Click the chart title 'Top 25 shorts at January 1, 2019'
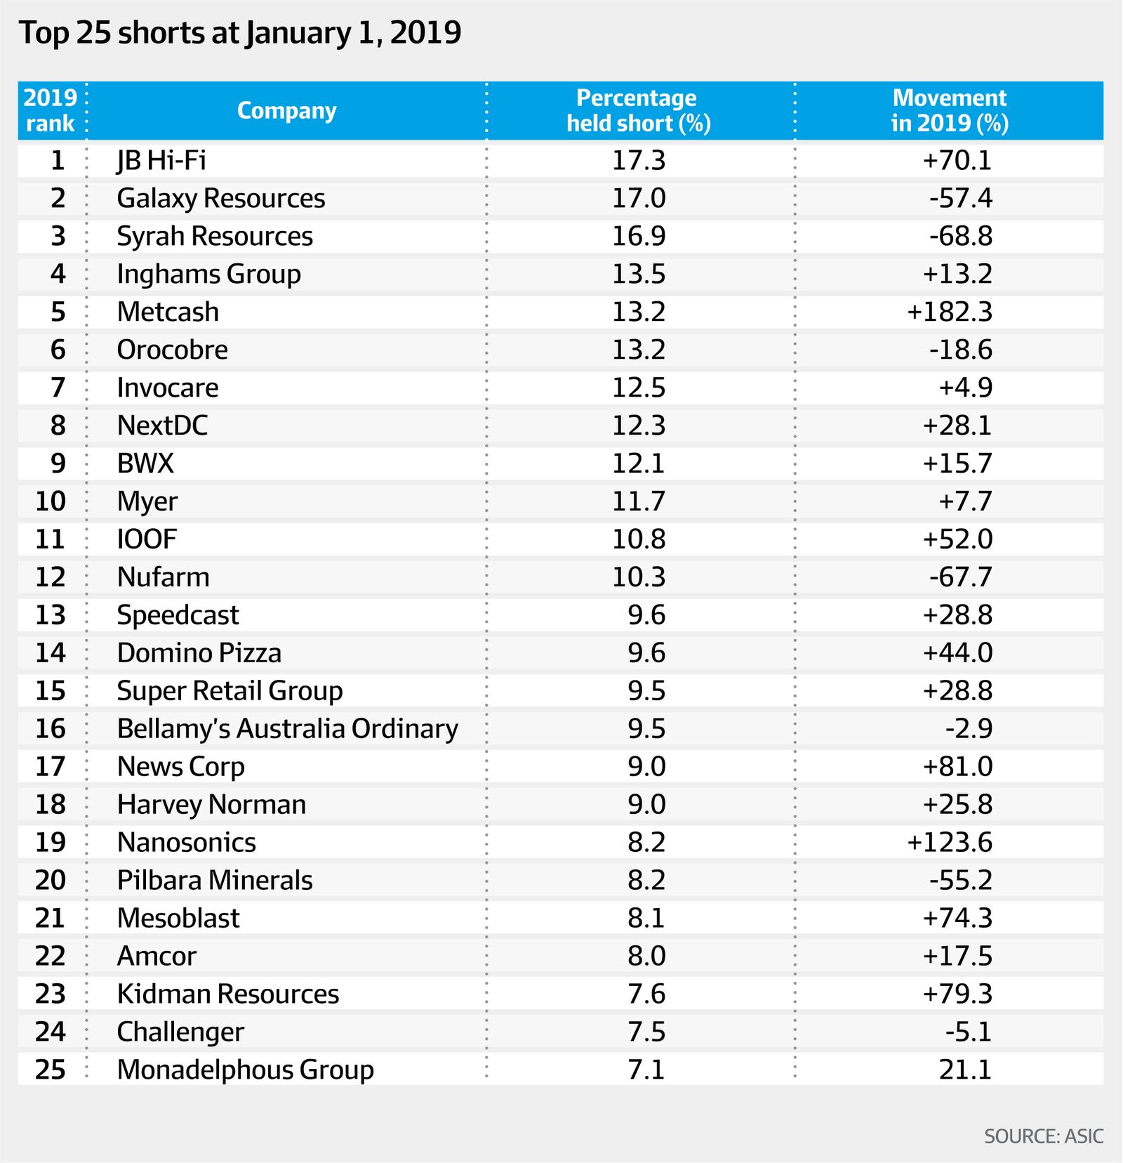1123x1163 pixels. pos(240,33)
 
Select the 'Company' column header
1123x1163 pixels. pos(286,110)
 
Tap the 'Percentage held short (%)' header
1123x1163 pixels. pos(638,110)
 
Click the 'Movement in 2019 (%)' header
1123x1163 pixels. pos(949,110)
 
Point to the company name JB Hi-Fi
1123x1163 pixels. pos(161,160)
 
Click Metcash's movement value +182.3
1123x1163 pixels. pos(949,312)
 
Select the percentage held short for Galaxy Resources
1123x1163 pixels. pos(638,198)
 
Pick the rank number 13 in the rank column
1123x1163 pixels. pos(51,615)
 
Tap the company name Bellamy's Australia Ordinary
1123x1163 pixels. pos(287,729)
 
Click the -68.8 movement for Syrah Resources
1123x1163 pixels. pos(960,236)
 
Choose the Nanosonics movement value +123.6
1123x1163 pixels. pos(949,842)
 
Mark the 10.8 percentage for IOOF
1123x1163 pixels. pos(638,539)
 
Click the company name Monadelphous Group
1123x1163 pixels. pos(245,1070)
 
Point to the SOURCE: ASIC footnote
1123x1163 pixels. pos(1043,1136)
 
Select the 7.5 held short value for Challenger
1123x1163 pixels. pos(646,1032)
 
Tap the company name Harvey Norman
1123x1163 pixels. pos(211,805)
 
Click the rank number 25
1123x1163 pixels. pos(51,1070)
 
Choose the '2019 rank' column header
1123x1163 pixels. pos(51,110)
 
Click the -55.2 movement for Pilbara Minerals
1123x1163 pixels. pos(960,880)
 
